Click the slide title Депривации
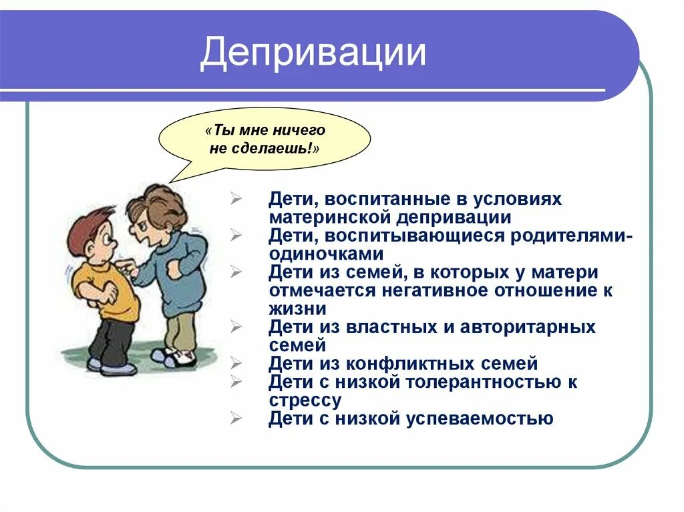[x=313, y=53]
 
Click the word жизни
[x=298, y=309]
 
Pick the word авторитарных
[x=523, y=327]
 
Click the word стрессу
[x=305, y=401]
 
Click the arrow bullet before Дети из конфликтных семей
[x=236, y=364]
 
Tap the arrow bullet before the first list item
[x=236, y=200]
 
